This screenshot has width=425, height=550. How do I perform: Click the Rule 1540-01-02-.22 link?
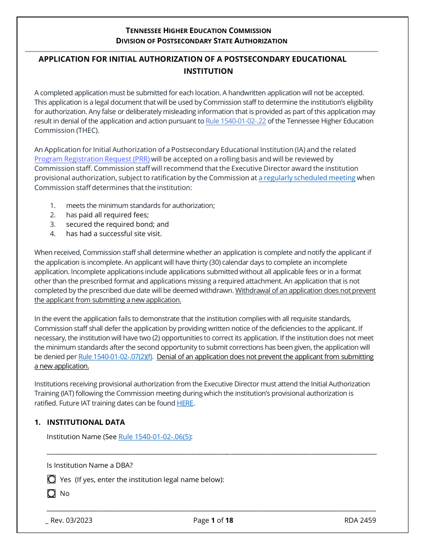(236, 121)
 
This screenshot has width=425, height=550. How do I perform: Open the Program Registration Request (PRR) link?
(92, 159)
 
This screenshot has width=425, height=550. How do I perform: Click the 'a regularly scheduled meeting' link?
(307, 178)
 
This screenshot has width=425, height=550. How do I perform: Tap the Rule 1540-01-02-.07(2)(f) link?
(116, 356)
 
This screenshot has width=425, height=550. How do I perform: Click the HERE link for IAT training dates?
(185, 403)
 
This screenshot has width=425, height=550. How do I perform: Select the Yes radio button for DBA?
(51, 479)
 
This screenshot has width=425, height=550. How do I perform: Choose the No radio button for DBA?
(51, 494)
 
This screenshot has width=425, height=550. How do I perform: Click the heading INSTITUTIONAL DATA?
(86, 422)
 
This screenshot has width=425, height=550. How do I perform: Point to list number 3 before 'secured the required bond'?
(52, 224)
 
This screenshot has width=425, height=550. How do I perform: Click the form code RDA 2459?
(360, 520)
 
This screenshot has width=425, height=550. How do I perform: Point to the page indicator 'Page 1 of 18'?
(213, 520)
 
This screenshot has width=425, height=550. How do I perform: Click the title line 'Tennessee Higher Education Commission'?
(198, 30)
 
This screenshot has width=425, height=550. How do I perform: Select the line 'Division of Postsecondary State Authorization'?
(201, 41)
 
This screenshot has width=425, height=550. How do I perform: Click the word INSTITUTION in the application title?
(208, 71)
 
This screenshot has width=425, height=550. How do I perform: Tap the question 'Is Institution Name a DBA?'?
(89, 465)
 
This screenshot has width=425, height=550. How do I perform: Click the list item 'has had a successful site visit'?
(114, 233)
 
